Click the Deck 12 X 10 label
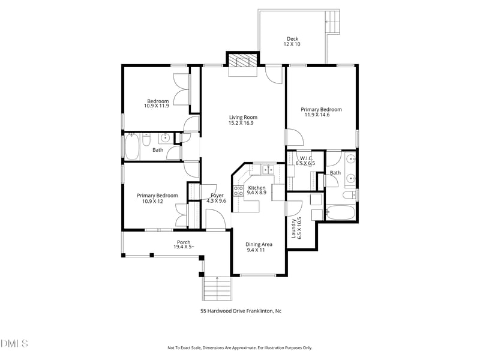pyautogui.click(x=292, y=42)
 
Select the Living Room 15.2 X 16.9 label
pyautogui.click(x=243, y=120)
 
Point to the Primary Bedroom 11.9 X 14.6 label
pyautogui.click(x=321, y=112)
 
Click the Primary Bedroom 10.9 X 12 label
pyautogui.click(x=157, y=199)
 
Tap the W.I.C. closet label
pyautogui.click(x=305, y=161)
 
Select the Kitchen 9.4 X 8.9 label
pyautogui.click(x=256, y=190)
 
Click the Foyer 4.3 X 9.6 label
pyautogui.click(x=217, y=198)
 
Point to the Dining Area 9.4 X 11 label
pyautogui.click(x=259, y=247)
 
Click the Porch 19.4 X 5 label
pyautogui.click(x=184, y=244)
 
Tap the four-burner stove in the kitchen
pyautogui.click(x=238, y=191)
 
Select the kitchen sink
pyautogui.click(x=268, y=169)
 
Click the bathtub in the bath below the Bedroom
pyautogui.click(x=133, y=147)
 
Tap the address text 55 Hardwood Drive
pyautogui.click(x=241, y=311)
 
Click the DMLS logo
pyautogui.click(x=14, y=343)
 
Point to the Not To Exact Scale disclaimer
pyautogui.click(x=239, y=347)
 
